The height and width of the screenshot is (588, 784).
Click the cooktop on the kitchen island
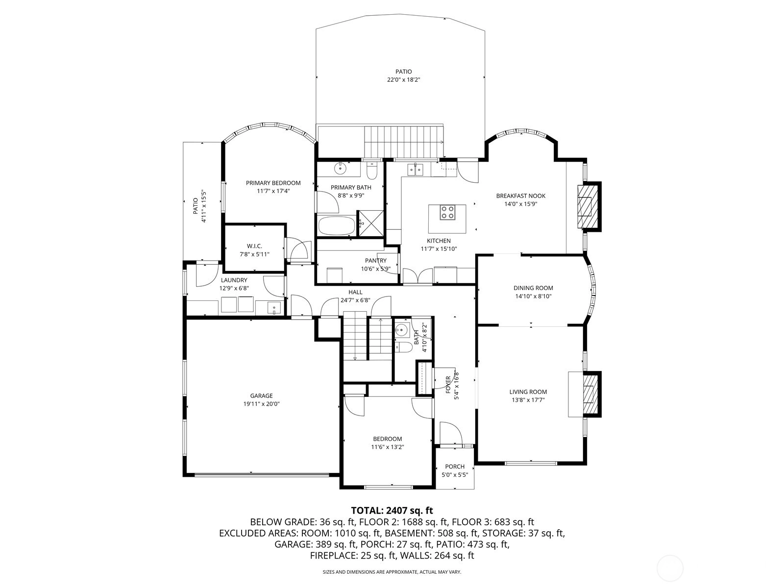[x=447, y=212]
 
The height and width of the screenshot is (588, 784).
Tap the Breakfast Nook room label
[x=521, y=196]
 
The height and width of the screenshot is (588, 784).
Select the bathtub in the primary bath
[x=337, y=226]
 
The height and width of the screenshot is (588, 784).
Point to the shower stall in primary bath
[x=371, y=223]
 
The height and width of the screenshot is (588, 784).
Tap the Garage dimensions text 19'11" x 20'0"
[x=262, y=404]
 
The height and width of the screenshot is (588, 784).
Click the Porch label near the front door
[x=455, y=466]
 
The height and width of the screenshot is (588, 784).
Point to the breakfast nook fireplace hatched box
[x=589, y=207]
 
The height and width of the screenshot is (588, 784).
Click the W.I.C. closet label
[x=254, y=246]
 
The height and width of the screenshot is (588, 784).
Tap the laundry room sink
[x=274, y=307]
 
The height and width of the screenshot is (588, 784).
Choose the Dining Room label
[x=533, y=288]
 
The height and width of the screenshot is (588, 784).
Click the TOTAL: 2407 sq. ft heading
[x=392, y=510]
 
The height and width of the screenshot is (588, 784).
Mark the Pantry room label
[x=376, y=261]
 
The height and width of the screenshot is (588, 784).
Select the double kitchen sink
[x=416, y=170]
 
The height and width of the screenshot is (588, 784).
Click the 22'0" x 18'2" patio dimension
[x=404, y=79]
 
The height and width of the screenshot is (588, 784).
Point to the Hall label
[x=355, y=292]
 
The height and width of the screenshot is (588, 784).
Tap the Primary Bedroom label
[x=273, y=183]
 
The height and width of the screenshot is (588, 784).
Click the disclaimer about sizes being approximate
[x=392, y=571]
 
